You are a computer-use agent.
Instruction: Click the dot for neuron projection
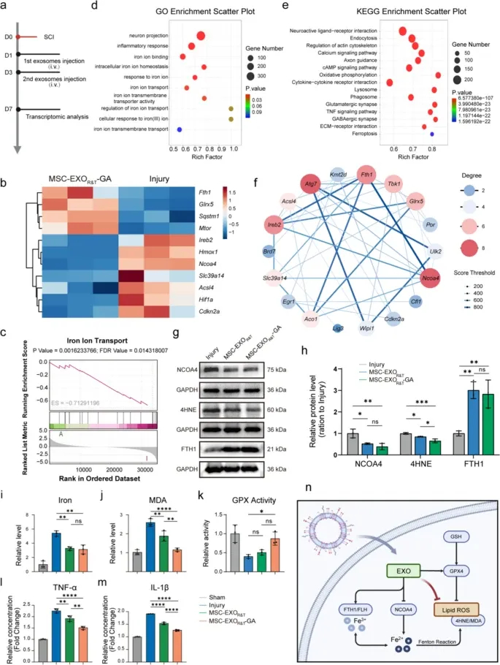click(x=200, y=36)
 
